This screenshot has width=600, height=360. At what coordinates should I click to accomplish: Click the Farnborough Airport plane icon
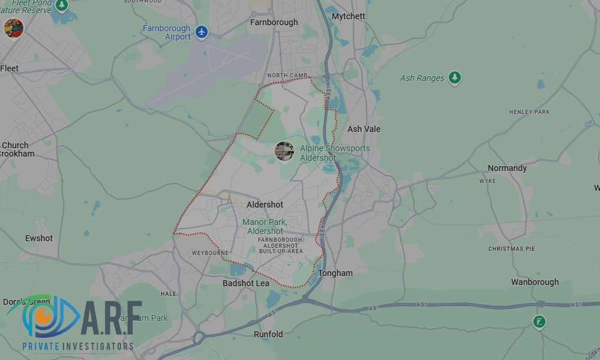click(x=202, y=32)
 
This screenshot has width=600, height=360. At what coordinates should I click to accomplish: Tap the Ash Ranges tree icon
click(x=455, y=77)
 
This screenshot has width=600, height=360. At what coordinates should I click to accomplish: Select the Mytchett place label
click(x=348, y=16)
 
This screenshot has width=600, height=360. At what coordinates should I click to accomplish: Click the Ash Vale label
click(x=364, y=129)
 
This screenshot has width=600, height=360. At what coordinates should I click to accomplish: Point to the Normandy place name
click(x=507, y=168)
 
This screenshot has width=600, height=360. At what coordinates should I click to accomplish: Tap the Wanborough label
click(x=535, y=282)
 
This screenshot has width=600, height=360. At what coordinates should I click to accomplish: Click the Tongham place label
click(x=335, y=273)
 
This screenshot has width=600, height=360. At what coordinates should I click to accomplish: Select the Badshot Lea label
click(x=246, y=283)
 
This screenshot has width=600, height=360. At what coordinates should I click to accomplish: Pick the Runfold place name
click(x=268, y=334)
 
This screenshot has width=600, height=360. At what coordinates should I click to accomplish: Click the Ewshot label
click(x=39, y=238)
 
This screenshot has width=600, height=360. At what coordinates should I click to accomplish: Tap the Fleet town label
click(x=10, y=68)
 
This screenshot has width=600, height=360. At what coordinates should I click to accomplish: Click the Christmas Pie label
click(x=511, y=248)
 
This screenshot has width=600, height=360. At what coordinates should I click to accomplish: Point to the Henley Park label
click(x=529, y=112)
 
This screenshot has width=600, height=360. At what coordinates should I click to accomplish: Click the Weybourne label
click(x=210, y=253)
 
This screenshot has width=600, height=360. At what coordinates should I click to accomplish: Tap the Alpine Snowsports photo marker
click(x=284, y=151)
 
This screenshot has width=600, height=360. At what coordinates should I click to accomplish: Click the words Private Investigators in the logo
click(x=77, y=346)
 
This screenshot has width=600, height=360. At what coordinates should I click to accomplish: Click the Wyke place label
click(x=487, y=181)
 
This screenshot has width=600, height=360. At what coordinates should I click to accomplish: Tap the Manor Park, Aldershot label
click(x=265, y=226)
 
